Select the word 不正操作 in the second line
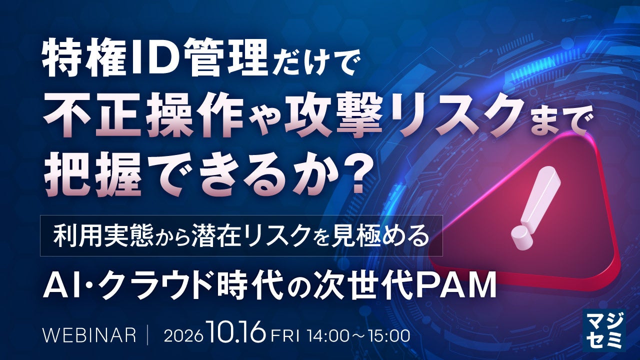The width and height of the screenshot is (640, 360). click(145, 114)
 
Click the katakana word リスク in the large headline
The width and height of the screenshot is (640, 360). click(454, 114)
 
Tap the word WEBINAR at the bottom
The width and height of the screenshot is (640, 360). click(89, 335)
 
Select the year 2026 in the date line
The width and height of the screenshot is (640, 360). click(181, 336)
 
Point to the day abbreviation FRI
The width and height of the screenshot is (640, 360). click(285, 336)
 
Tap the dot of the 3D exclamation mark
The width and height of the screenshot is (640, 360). click(522, 237)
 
